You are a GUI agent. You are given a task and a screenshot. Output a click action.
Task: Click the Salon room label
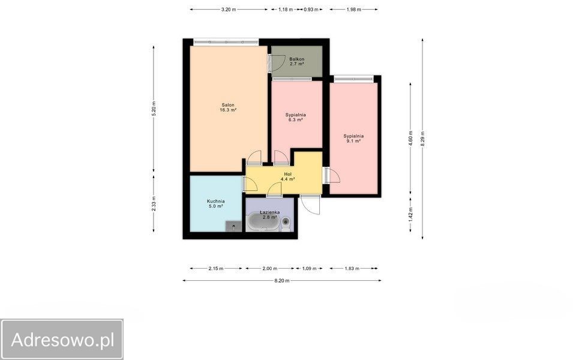click(228, 107)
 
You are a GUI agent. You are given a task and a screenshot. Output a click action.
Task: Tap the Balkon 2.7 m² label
click(296, 61)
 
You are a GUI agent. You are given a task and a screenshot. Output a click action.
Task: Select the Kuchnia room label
click(215, 203)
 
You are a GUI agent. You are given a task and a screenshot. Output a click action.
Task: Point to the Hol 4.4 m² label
click(287, 176)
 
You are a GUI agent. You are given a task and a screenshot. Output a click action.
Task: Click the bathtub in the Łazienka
click(262, 222)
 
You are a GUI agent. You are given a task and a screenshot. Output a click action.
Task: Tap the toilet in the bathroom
click(286, 224)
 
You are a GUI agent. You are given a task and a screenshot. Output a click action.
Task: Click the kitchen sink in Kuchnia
click(233, 226)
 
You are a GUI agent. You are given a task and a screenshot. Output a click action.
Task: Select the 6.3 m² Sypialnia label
click(295, 117)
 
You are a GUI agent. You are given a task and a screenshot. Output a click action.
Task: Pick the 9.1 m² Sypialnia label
click(353, 138)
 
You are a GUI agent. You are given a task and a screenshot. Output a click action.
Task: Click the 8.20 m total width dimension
click(282, 281)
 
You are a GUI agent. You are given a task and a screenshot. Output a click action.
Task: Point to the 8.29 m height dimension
click(422, 139)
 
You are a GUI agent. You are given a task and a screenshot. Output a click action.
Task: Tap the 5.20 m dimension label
click(154, 109)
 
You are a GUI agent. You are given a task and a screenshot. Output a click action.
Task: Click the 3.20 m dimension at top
click(229, 10)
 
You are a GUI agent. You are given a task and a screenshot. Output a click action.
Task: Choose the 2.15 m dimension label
click(216, 269)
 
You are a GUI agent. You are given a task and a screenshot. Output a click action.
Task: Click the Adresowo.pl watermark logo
click(62, 340)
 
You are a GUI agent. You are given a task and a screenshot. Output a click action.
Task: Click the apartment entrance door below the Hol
click(310, 205)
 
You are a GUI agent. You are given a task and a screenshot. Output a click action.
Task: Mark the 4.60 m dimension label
click(410, 138)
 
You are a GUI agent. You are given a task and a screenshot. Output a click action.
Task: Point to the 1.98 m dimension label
click(354, 10)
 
